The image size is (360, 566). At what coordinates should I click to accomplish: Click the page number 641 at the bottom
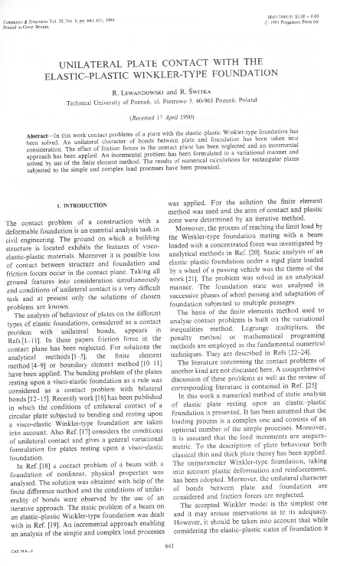click(x=179, y=543)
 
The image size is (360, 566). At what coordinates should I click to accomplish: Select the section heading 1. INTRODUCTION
click(x=89, y=207)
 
